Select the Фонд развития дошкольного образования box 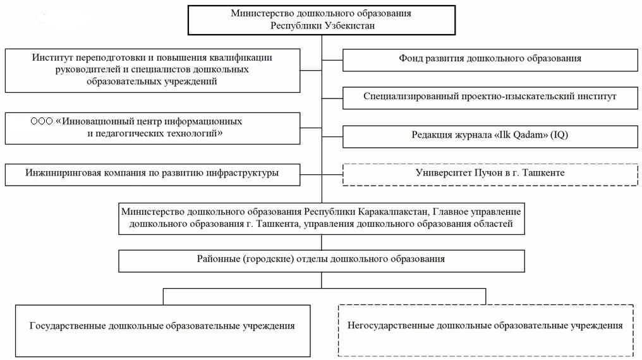pyautogui.click(x=490, y=59)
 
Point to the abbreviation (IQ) pyautogui.click(x=553, y=135)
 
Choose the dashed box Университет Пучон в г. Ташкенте pyautogui.click(x=490, y=172)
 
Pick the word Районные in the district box pyautogui.click(x=219, y=259)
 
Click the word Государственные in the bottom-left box pyautogui.click(x=68, y=327)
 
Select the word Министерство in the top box pyautogui.click(x=260, y=13)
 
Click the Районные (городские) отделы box pyautogui.click(x=321, y=260)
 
